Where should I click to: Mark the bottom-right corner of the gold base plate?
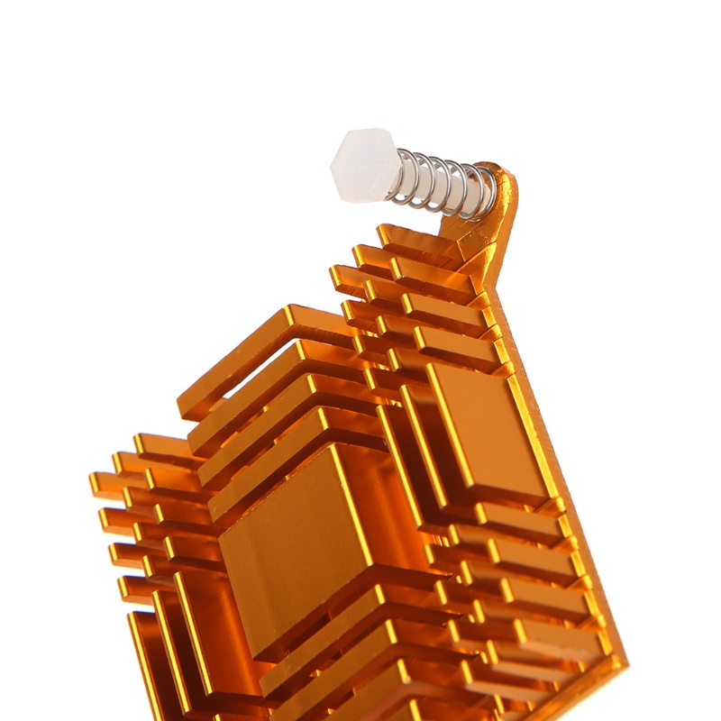tap(622, 662)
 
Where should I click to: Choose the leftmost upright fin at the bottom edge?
tap(144, 658)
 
